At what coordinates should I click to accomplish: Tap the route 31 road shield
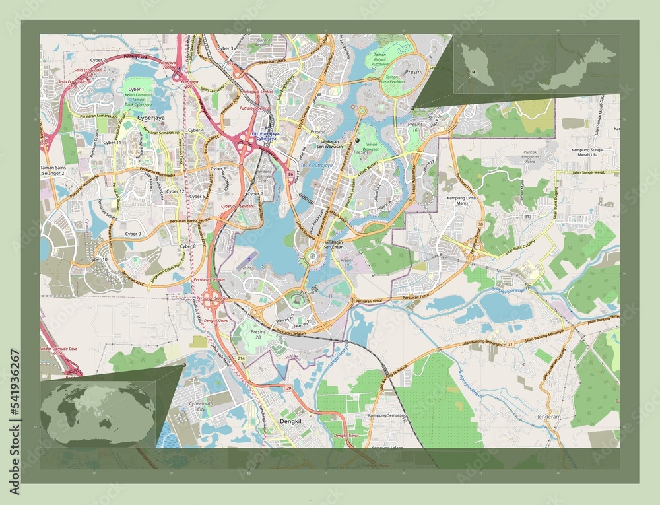tap(510, 344)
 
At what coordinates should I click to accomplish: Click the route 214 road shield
tap(242, 357)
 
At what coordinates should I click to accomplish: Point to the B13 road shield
tap(527, 216)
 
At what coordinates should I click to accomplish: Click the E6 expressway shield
tap(290, 174)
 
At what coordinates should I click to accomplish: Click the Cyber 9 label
tap(133, 234)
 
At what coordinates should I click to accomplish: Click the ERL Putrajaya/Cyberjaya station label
tap(266, 136)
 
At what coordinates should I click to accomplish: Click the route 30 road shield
tap(481, 225)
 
